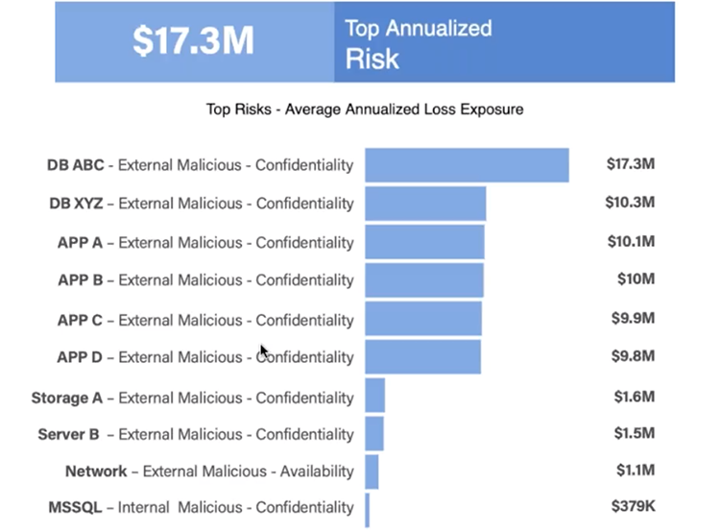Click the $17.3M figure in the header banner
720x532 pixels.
(194, 41)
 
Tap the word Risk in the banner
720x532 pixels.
(372, 60)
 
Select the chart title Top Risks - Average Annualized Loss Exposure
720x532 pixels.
(365, 109)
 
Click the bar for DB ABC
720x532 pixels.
(467, 165)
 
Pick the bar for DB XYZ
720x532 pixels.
(425, 204)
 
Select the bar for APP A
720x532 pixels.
(424, 242)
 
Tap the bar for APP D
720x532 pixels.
(422, 356)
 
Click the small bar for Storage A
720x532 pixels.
(374, 396)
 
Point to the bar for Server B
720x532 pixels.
(374, 434)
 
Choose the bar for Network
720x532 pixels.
(372, 472)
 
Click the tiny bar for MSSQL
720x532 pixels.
(367, 507)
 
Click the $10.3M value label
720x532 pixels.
(631, 203)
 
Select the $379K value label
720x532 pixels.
(633, 506)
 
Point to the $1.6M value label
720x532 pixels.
(634, 396)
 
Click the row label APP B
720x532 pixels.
(80, 280)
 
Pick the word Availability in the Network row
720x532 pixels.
(317, 472)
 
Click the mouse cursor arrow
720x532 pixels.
(264, 352)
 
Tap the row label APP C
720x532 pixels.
(80, 319)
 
